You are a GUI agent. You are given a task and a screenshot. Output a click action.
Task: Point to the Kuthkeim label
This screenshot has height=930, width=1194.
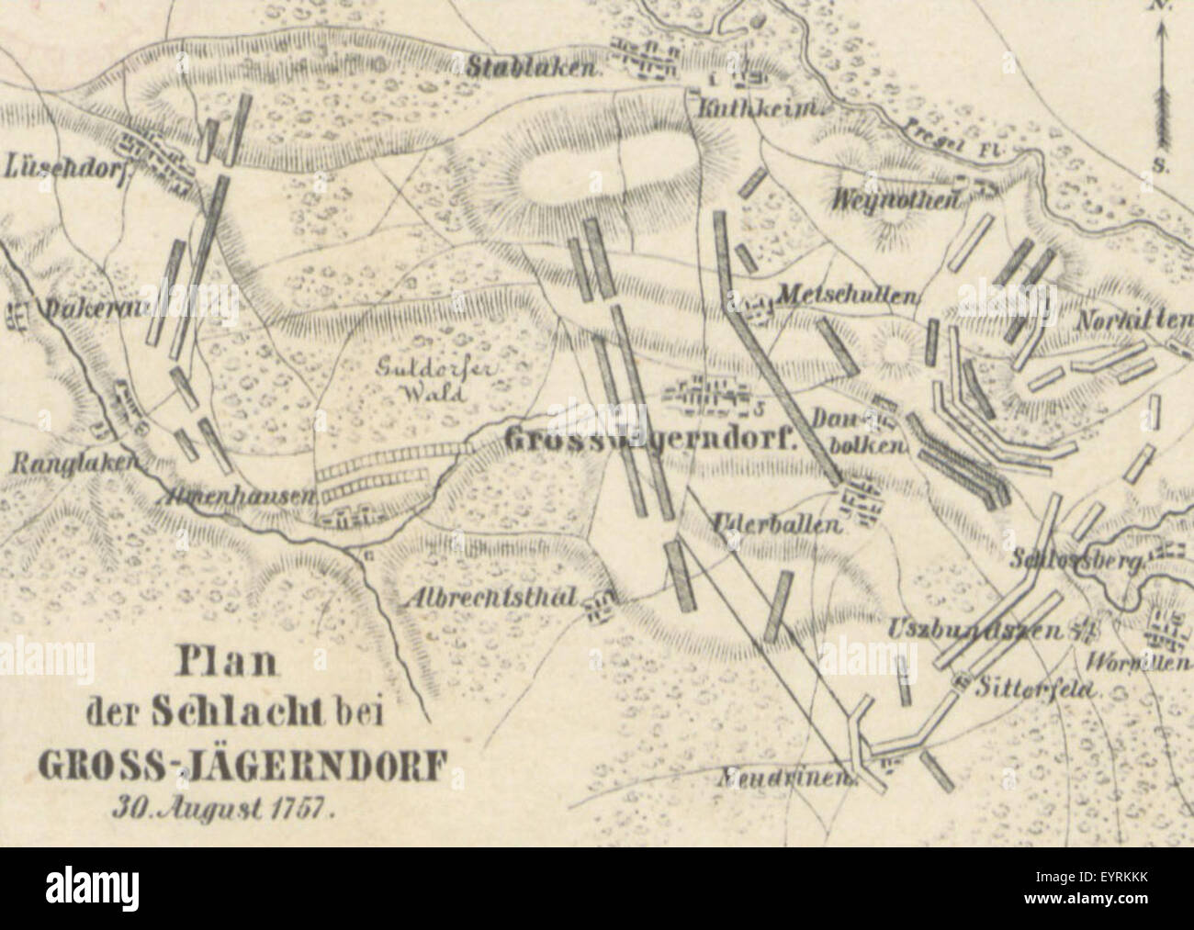coord(758,110)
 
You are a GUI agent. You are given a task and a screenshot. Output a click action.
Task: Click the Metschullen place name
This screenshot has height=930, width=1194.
coord(848,296)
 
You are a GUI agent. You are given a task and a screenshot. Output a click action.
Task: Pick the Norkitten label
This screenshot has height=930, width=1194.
coord(1134,320)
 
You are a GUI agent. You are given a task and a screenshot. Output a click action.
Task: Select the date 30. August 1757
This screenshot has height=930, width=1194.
coord(224,809)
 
